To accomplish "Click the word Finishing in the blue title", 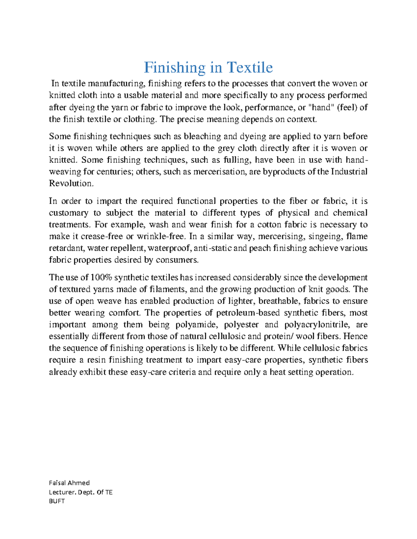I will coord(174,67).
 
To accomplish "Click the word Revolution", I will coord(71,184).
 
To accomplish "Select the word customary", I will coord(69,213).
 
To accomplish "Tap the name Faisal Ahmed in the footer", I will coord(69,483).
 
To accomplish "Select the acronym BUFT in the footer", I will coord(57,501).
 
